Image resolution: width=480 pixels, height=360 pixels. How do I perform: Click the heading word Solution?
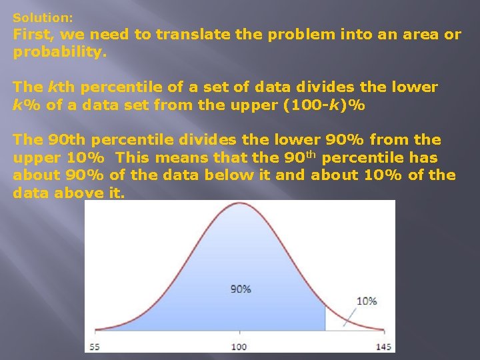coord(43,17)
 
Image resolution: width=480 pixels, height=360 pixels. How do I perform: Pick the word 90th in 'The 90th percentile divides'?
coord(67,140)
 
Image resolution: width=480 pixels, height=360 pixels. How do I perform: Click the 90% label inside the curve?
coord(241,289)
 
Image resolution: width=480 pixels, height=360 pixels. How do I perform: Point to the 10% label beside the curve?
coord(366,301)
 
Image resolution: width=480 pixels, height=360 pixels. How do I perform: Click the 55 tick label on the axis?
coord(95,347)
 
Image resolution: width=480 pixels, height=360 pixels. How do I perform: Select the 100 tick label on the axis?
coord(239,347)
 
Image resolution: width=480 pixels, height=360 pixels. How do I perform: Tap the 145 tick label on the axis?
coord(385,347)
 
